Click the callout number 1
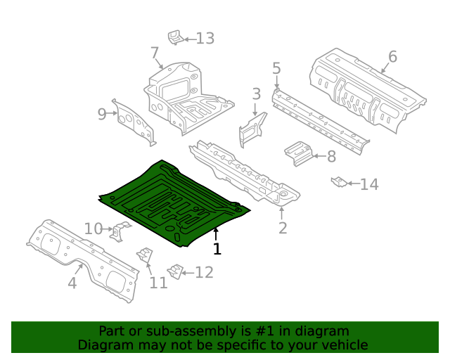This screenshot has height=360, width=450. pos(217,249)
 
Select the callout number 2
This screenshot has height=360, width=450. pos(283,227)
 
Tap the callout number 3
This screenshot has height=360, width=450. pos(256,94)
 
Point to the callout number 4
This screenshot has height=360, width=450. pos(72,283)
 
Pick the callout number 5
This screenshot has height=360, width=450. pos(276,68)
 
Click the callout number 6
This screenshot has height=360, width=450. pos(392,57)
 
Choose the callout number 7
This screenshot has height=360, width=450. pos(155,53)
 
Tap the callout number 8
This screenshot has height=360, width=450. pos(331,157)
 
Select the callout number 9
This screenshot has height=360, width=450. pos(102,114)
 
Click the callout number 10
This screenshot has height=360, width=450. pos(93,229)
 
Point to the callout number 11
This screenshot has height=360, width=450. pos(158,283)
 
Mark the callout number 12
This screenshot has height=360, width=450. pos(204,273)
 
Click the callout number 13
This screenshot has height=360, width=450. pos(205,38)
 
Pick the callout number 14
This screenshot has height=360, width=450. pos(369,184)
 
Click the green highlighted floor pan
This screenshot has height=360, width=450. pos(169,200)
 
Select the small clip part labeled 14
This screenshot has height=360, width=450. pos(338,182)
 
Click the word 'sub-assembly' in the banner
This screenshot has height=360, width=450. pos(181,331)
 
